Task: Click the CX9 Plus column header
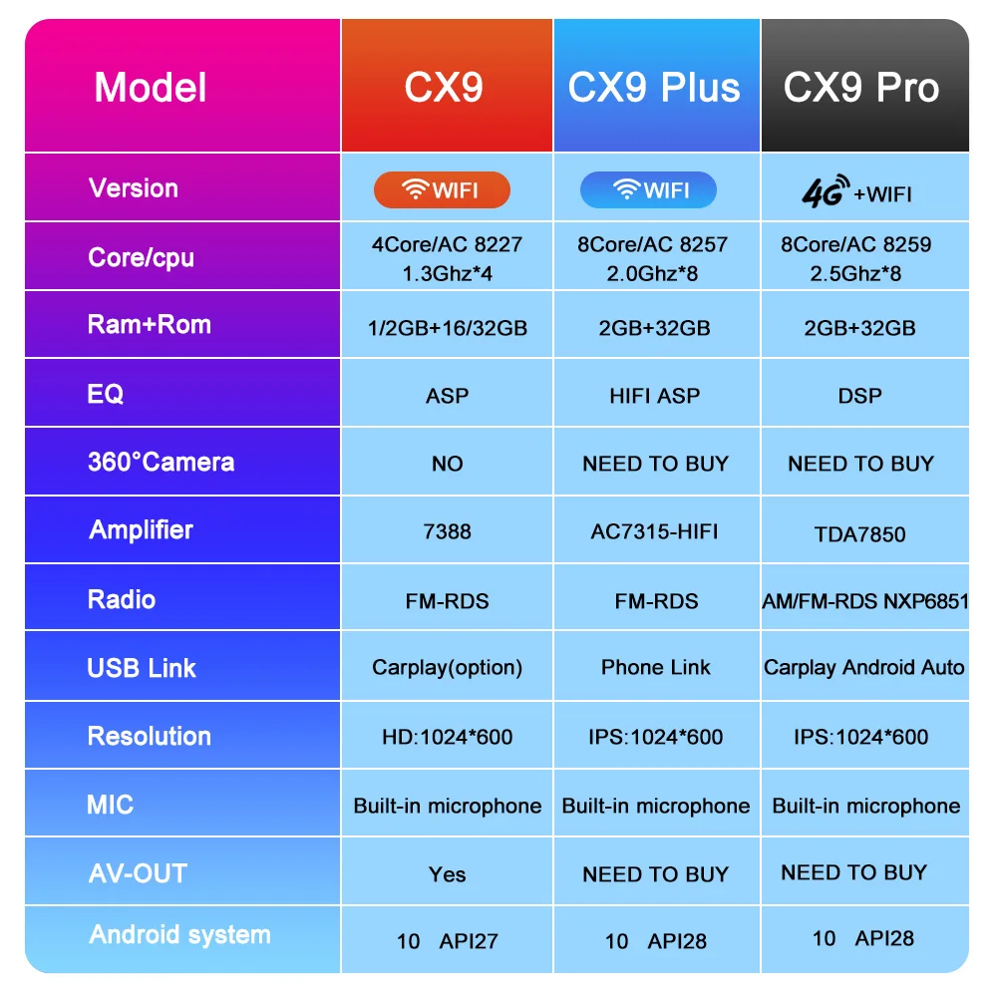(x=654, y=88)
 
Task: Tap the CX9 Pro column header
(x=861, y=88)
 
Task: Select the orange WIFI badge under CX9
(x=442, y=190)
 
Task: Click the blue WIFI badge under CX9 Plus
(x=648, y=189)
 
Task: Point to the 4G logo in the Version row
(x=826, y=190)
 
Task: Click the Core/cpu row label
(x=141, y=257)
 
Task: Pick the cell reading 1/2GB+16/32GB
(x=447, y=328)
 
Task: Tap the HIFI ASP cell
(x=654, y=396)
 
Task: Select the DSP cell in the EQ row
(x=859, y=396)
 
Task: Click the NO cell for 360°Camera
(x=447, y=464)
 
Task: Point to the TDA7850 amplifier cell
(x=859, y=533)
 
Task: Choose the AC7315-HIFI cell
(x=654, y=531)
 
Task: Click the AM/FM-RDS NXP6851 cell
(x=864, y=601)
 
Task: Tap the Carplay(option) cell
(x=447, y=667)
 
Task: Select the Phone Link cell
(x=655, y=667)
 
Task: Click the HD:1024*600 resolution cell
(x=447, y=737)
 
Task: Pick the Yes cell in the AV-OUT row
(x=447, y=874)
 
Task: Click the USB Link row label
(x=142, y=668)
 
